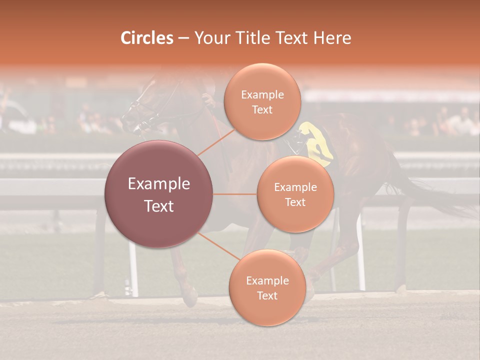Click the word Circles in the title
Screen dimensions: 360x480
pos(146,38)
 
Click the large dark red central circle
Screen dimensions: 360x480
pos(159,220)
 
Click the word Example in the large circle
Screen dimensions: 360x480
pos(159,184)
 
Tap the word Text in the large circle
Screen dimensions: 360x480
pos(159,206)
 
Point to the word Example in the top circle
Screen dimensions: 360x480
pos(262,95)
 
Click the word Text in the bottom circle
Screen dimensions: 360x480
pos(267,295)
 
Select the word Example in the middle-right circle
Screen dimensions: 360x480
pos(295,187)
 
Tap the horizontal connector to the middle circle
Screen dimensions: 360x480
pos(235,194)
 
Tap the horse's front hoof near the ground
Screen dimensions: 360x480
pos(189,299)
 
